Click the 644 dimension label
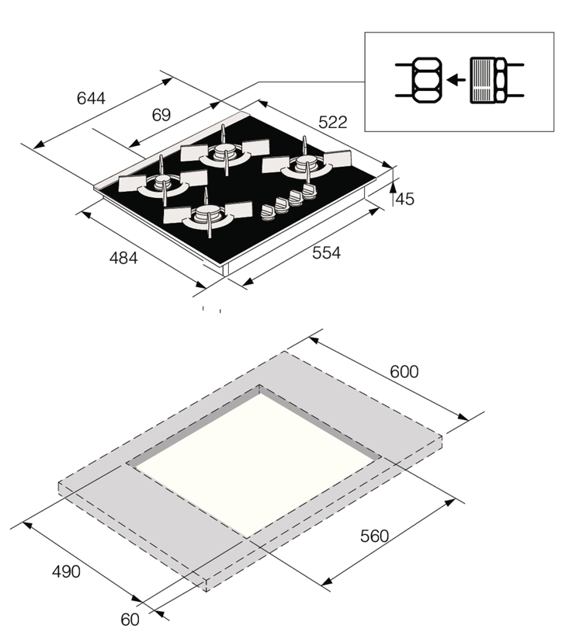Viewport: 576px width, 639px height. [x=91, y=99]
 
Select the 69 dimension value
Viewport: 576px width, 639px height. [x=161, y=116]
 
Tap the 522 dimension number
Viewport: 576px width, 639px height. [x=331, y=122]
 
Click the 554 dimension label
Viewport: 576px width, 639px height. [x=325, y=252]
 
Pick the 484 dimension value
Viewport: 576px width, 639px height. [x=122, y=258]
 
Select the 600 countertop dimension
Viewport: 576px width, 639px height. [x=404, y=372]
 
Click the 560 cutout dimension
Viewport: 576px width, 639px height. [x=373, y=537]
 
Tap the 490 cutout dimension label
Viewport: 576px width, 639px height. [x=66, y=571]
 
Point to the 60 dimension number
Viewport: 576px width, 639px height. [x=130, y=620]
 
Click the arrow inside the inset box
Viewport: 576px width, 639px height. [x=457, y=79]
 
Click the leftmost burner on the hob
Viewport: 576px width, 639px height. [x=162, y=183]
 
